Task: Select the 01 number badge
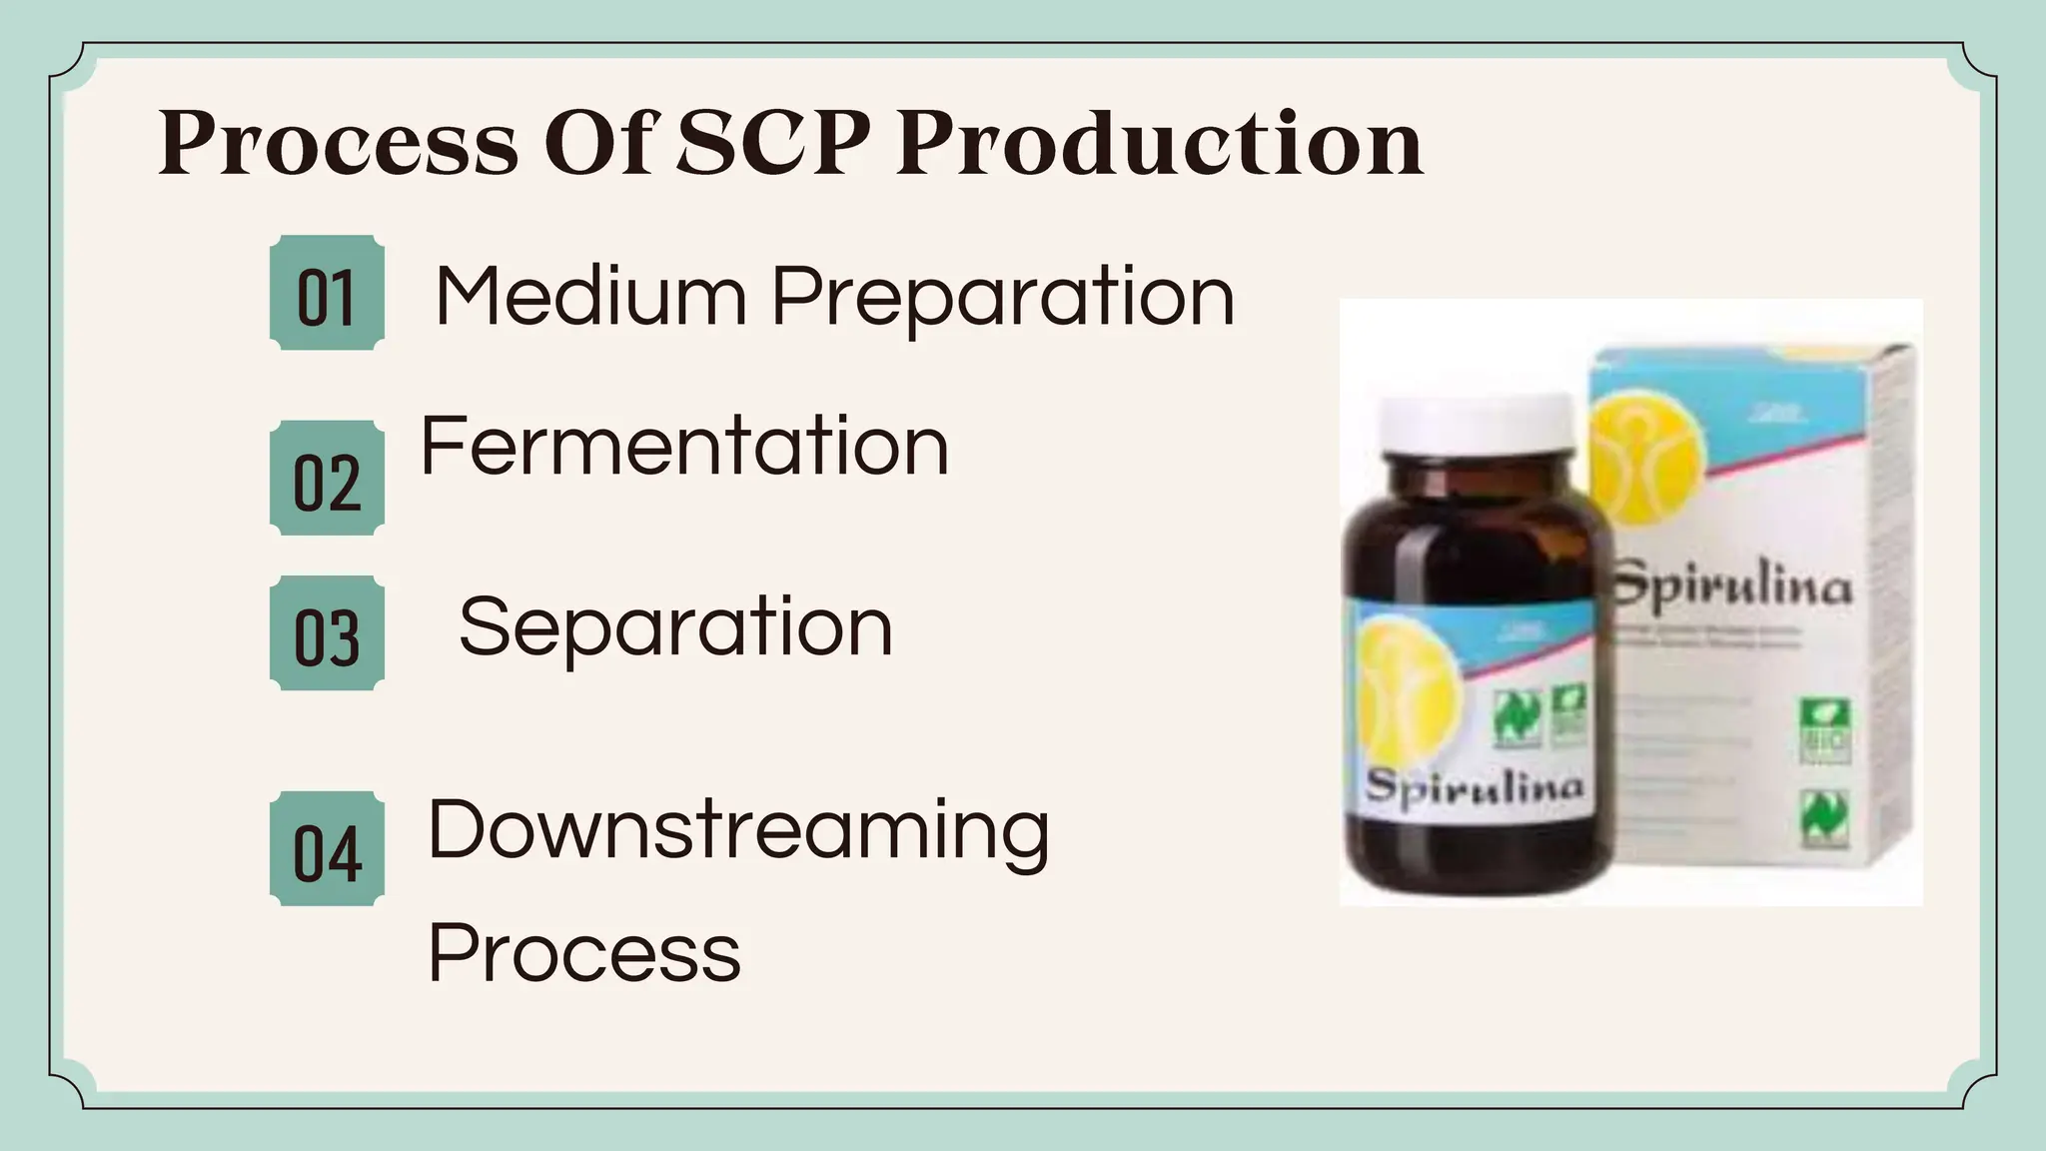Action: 327,294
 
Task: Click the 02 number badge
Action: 327,479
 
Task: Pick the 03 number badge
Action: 327,633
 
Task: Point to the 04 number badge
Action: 327,850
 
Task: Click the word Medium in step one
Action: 591,297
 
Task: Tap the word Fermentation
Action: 684,446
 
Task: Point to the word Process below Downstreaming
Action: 584,952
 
